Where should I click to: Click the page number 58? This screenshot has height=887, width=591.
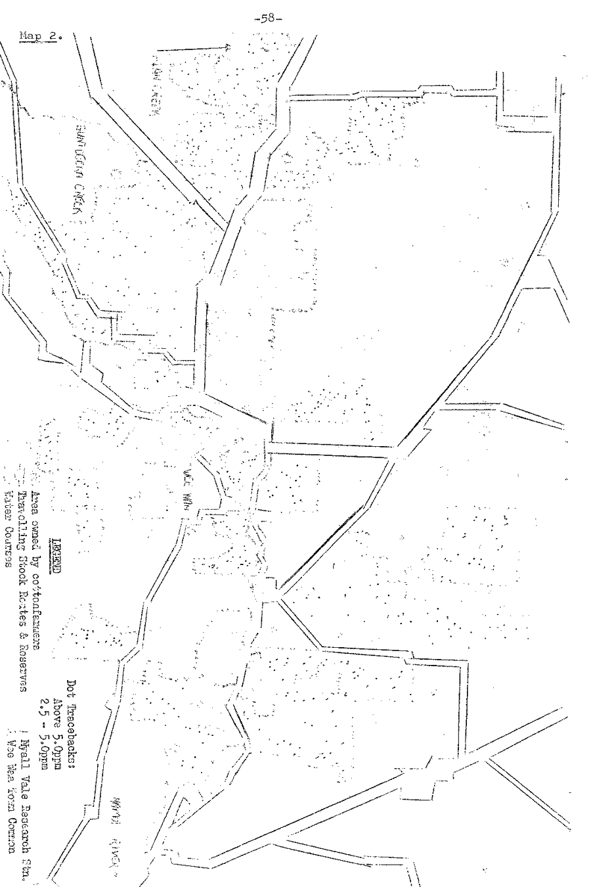click(295, 13)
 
